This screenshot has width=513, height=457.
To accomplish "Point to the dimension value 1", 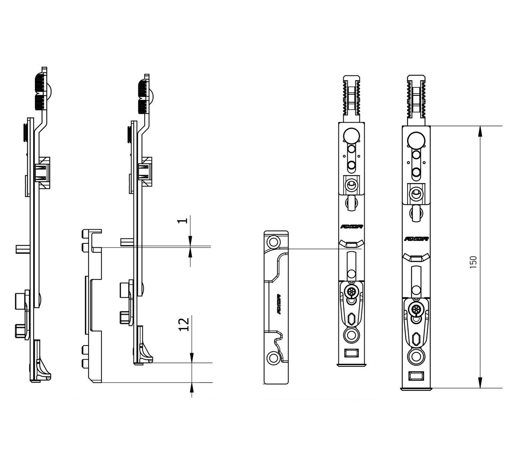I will [x=183, y=220].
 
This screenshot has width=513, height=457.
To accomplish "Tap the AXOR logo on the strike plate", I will [x=277, y=303].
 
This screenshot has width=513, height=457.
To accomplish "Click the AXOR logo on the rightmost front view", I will [x=416, y=239].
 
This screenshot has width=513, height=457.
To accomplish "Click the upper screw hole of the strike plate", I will [x=274, y=242].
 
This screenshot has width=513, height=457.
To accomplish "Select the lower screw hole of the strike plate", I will [x=274, y=358].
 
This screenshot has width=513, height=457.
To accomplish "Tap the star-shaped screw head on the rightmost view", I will [x=416, y=309].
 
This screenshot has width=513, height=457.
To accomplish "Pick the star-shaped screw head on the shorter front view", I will [x=351, y=291].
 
